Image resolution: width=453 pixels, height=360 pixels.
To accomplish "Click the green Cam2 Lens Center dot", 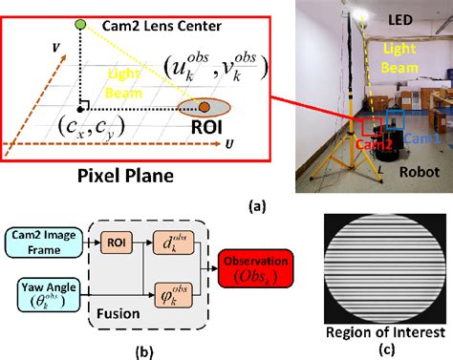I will (x=80, y=23).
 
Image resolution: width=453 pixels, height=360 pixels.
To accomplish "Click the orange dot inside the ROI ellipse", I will (x=204, y=106).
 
